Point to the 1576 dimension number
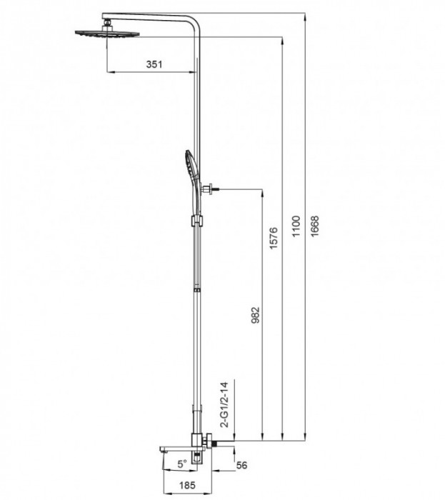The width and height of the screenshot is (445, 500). pos(273,240)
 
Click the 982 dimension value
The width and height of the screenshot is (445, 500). pos(256,315)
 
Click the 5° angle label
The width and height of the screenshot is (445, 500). pos(181,463)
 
